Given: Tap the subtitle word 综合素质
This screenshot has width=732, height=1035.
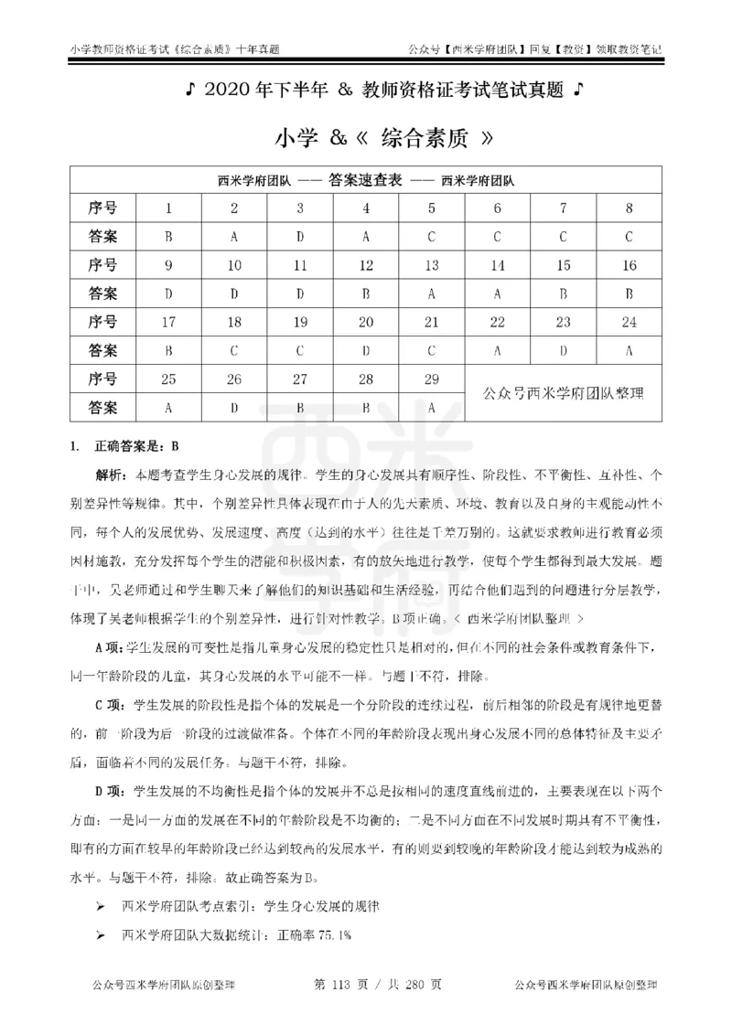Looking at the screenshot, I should click(x=420, y=138).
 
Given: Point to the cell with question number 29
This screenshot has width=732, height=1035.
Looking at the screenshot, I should click(x=431, y=379).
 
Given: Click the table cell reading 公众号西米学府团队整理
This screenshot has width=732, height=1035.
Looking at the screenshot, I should click(x=563, y=393).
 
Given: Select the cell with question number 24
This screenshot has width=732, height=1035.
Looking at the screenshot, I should click(x=629, y=322).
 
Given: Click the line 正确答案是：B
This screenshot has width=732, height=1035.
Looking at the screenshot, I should click(x=135, y=447).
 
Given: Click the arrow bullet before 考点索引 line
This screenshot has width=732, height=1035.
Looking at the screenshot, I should click(x=101, y=906).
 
